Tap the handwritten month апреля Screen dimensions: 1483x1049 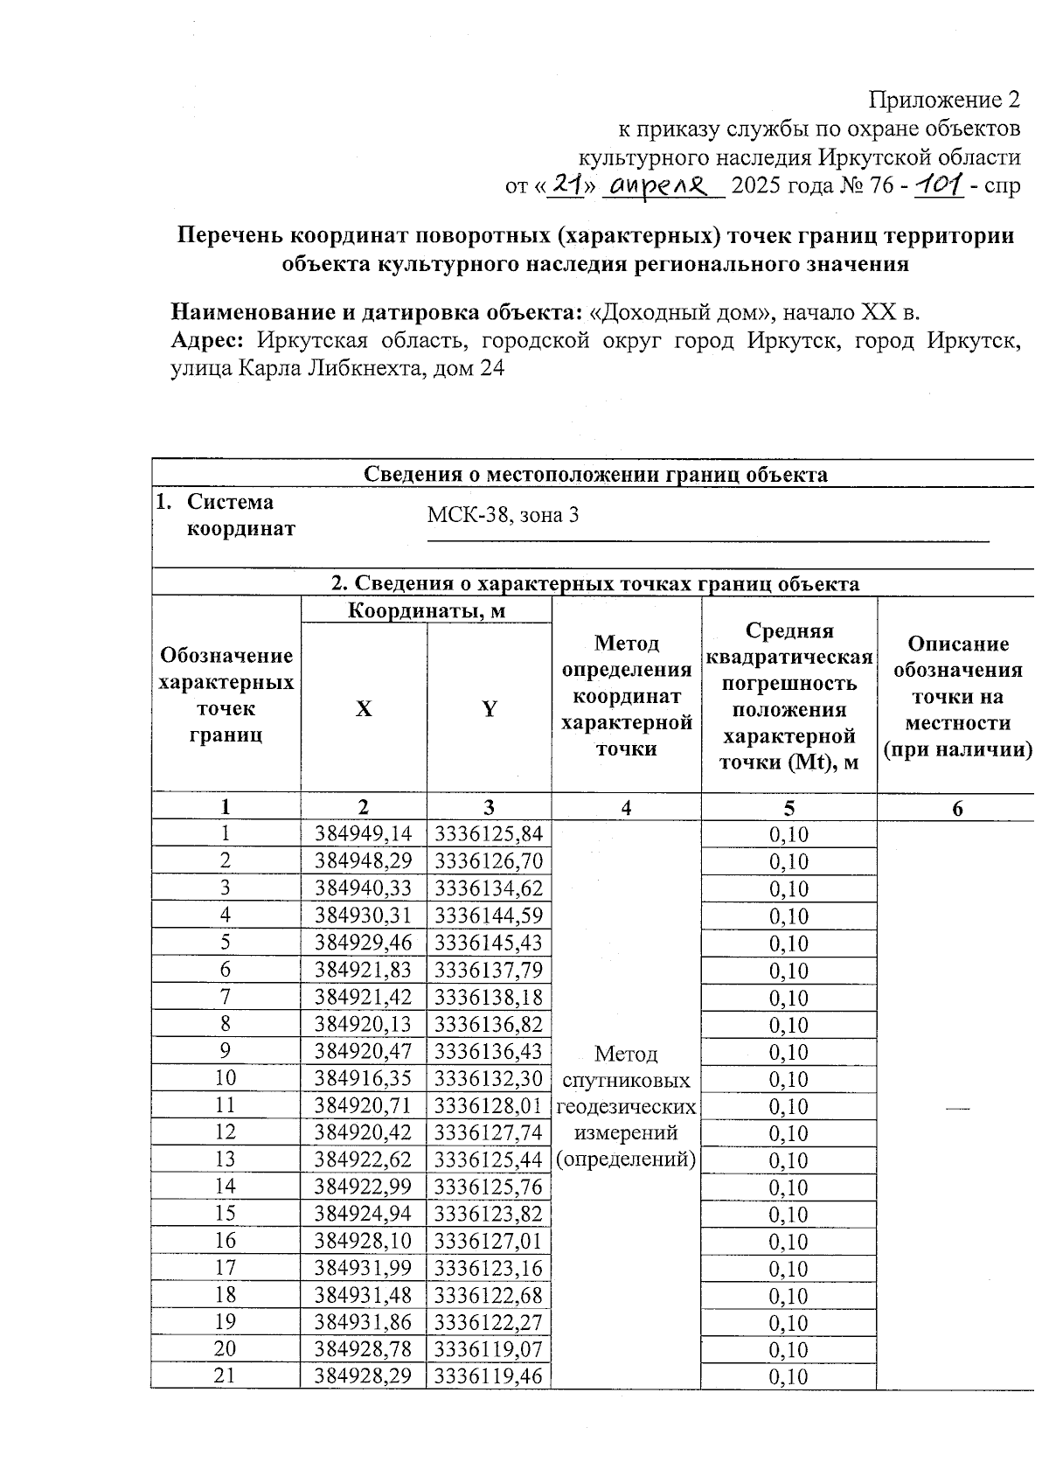[x=663, y=185]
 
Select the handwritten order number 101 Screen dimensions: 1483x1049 [x=938, y=184]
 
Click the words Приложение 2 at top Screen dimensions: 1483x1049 [x=943, y=99]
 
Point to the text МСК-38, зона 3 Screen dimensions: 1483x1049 [x=503, y=514]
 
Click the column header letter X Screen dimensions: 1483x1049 [x=364, y=708]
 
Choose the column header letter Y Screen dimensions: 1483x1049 [x=489, y=708]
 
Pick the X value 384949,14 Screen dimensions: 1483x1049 [x=364, y=833]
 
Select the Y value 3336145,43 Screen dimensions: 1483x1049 [x=489, y=943]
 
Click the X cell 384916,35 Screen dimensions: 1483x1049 [x=364, y=1078]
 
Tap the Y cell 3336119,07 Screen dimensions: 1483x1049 [x=489, y=1348]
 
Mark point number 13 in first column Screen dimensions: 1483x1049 [x=226, y=1159]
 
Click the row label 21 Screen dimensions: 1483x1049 [x=226, y=1375]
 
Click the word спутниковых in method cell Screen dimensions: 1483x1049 [x=627, y=1081]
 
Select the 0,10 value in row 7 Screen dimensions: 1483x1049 [x=788, y=998]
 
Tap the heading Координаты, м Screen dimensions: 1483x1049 [x=426, y=610]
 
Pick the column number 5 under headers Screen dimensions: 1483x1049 [x=788, y=807]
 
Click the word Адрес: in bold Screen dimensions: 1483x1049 [x=205, y=340]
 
